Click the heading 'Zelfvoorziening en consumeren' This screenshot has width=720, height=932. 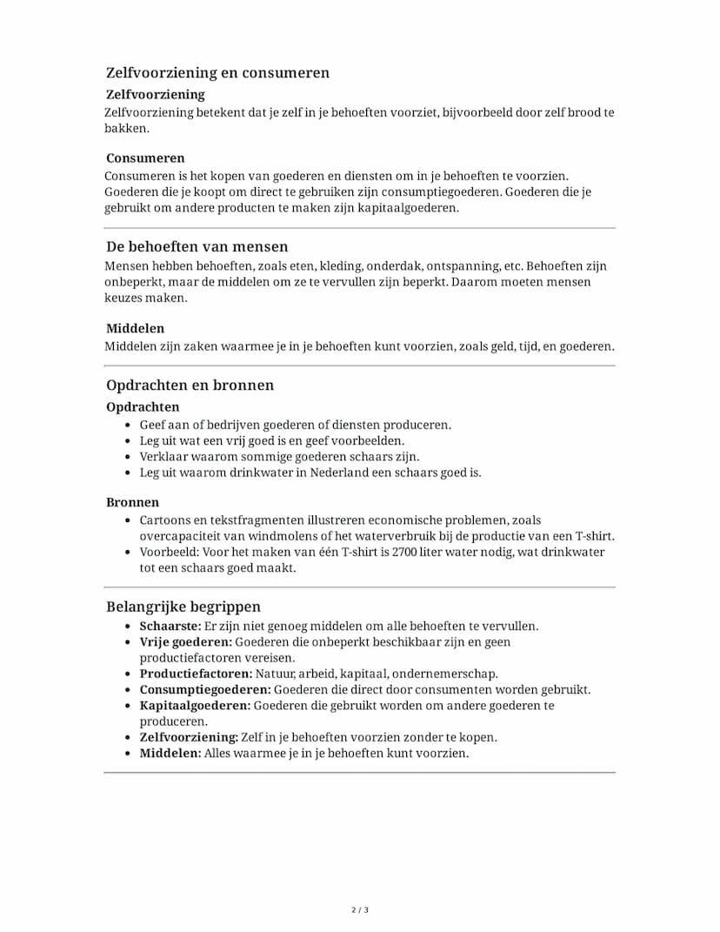coord(217,72)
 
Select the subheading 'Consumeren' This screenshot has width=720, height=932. coord(145,158)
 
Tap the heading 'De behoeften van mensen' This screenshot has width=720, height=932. coord(197,246)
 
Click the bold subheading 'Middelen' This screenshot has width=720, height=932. coord(135,328)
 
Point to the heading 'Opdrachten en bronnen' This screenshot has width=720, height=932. coord(190,385)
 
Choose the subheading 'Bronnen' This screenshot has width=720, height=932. coord(132,502)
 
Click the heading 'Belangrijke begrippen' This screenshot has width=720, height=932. coord(183,607)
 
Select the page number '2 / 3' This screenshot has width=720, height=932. coord(360,910)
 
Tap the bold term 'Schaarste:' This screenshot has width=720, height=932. coord(170,626)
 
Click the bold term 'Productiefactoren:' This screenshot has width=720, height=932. coord(196,674)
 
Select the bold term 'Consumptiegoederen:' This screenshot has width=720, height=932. coord(205,689)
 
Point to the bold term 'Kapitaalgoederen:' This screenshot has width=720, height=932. coord(195,705)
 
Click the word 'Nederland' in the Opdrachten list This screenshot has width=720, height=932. coord(350,473)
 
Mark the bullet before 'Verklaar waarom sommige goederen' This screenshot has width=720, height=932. coord(128,457)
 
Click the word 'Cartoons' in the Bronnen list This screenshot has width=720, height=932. coord(165,520)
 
